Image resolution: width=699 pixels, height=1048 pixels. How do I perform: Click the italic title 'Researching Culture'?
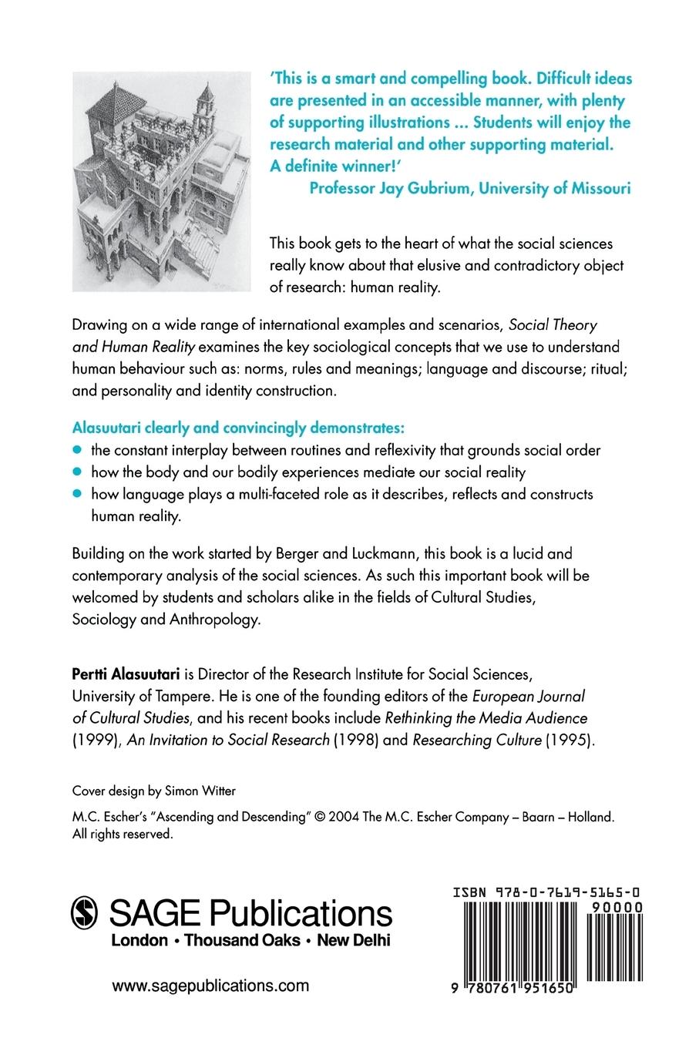[x=477, y=740]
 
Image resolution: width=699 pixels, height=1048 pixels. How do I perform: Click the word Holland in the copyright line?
[x=590, y=818]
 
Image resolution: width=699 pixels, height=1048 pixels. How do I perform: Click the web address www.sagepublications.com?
[x=210, y=986]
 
